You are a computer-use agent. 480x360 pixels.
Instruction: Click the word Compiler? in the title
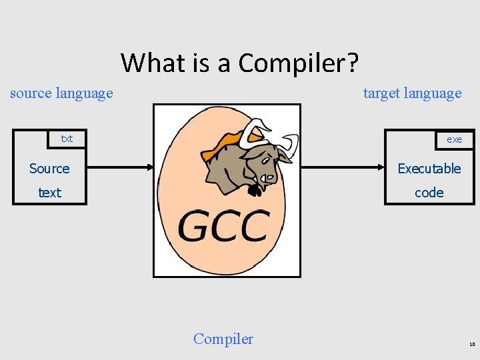click(299, 63)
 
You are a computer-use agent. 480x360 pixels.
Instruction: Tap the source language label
click(61, 93)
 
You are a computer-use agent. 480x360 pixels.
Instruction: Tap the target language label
click(412, 93)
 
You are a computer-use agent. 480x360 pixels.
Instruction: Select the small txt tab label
click(67, 139)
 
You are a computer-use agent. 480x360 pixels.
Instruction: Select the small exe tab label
click(454, 139)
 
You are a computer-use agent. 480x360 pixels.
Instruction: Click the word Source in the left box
click(49, 169)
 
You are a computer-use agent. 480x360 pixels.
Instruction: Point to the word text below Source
click(49, 193)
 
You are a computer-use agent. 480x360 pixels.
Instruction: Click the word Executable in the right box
click(429, 169)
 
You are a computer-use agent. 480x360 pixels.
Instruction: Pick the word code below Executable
click(429, 193)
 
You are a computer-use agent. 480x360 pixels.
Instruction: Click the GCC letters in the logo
click(224, 226)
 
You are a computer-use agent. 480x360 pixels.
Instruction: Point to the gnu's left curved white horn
click(253, 130)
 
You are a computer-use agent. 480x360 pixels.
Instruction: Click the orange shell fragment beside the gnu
click(220, 143)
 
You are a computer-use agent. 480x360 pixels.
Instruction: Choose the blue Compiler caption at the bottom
click(223, 339)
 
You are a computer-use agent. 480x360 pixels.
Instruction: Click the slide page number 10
click(471, 345)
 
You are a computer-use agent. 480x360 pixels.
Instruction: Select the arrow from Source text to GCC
click(113, 168)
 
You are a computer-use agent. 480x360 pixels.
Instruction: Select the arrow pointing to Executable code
click(340, 168)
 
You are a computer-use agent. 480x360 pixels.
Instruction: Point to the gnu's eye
click(265, 160)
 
